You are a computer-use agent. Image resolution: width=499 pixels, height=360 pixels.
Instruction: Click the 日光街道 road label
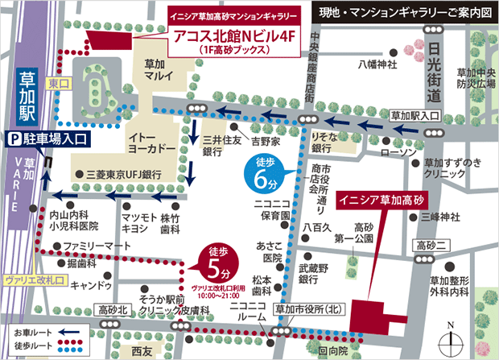point(435,68)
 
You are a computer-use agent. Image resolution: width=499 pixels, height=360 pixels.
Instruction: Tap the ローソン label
point(398,151)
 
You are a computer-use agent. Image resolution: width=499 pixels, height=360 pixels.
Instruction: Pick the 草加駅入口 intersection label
point(412,116)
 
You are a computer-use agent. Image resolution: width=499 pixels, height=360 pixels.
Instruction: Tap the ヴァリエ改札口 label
point(34,279)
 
